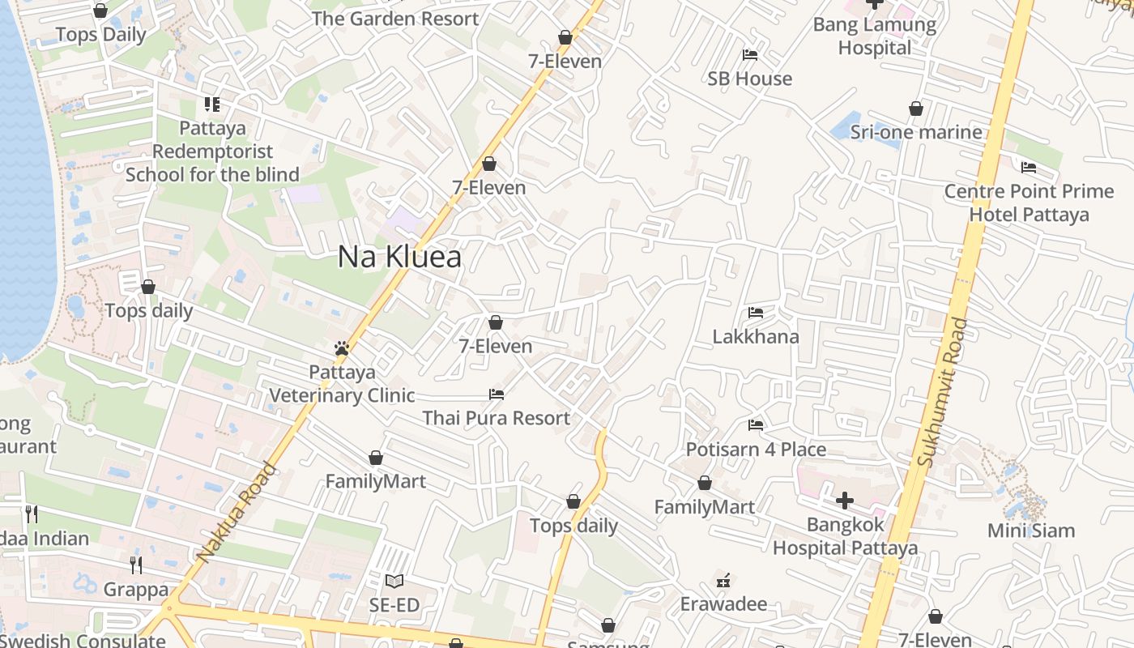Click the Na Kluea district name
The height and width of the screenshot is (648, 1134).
coord(399,257)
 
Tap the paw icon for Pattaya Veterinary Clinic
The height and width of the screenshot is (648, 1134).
coord(342,349)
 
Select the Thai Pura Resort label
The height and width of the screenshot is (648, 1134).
coord(497,418)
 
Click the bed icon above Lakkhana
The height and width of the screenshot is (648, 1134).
coord(756,313)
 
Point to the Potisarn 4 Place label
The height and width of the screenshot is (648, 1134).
coord(756,449)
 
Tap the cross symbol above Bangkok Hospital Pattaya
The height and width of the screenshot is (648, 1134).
coord(845,501)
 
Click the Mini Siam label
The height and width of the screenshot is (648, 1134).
coord(1031,531)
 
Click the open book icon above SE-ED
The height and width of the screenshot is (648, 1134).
coord(394,581)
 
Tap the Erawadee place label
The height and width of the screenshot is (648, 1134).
coord(723,603)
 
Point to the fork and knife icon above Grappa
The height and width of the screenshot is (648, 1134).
coord(136,565)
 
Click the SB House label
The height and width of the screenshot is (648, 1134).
coord(749,79)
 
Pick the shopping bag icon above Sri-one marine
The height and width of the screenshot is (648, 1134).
coord(916,109)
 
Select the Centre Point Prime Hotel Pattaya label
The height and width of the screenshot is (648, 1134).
coord(1029,203)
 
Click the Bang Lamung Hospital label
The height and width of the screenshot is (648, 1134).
coord(875,36)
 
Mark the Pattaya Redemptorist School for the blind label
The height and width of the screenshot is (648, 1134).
coord(212,151)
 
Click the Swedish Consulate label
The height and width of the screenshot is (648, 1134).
coord(83,641)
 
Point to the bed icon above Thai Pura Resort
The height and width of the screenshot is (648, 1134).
coord(497,394)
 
